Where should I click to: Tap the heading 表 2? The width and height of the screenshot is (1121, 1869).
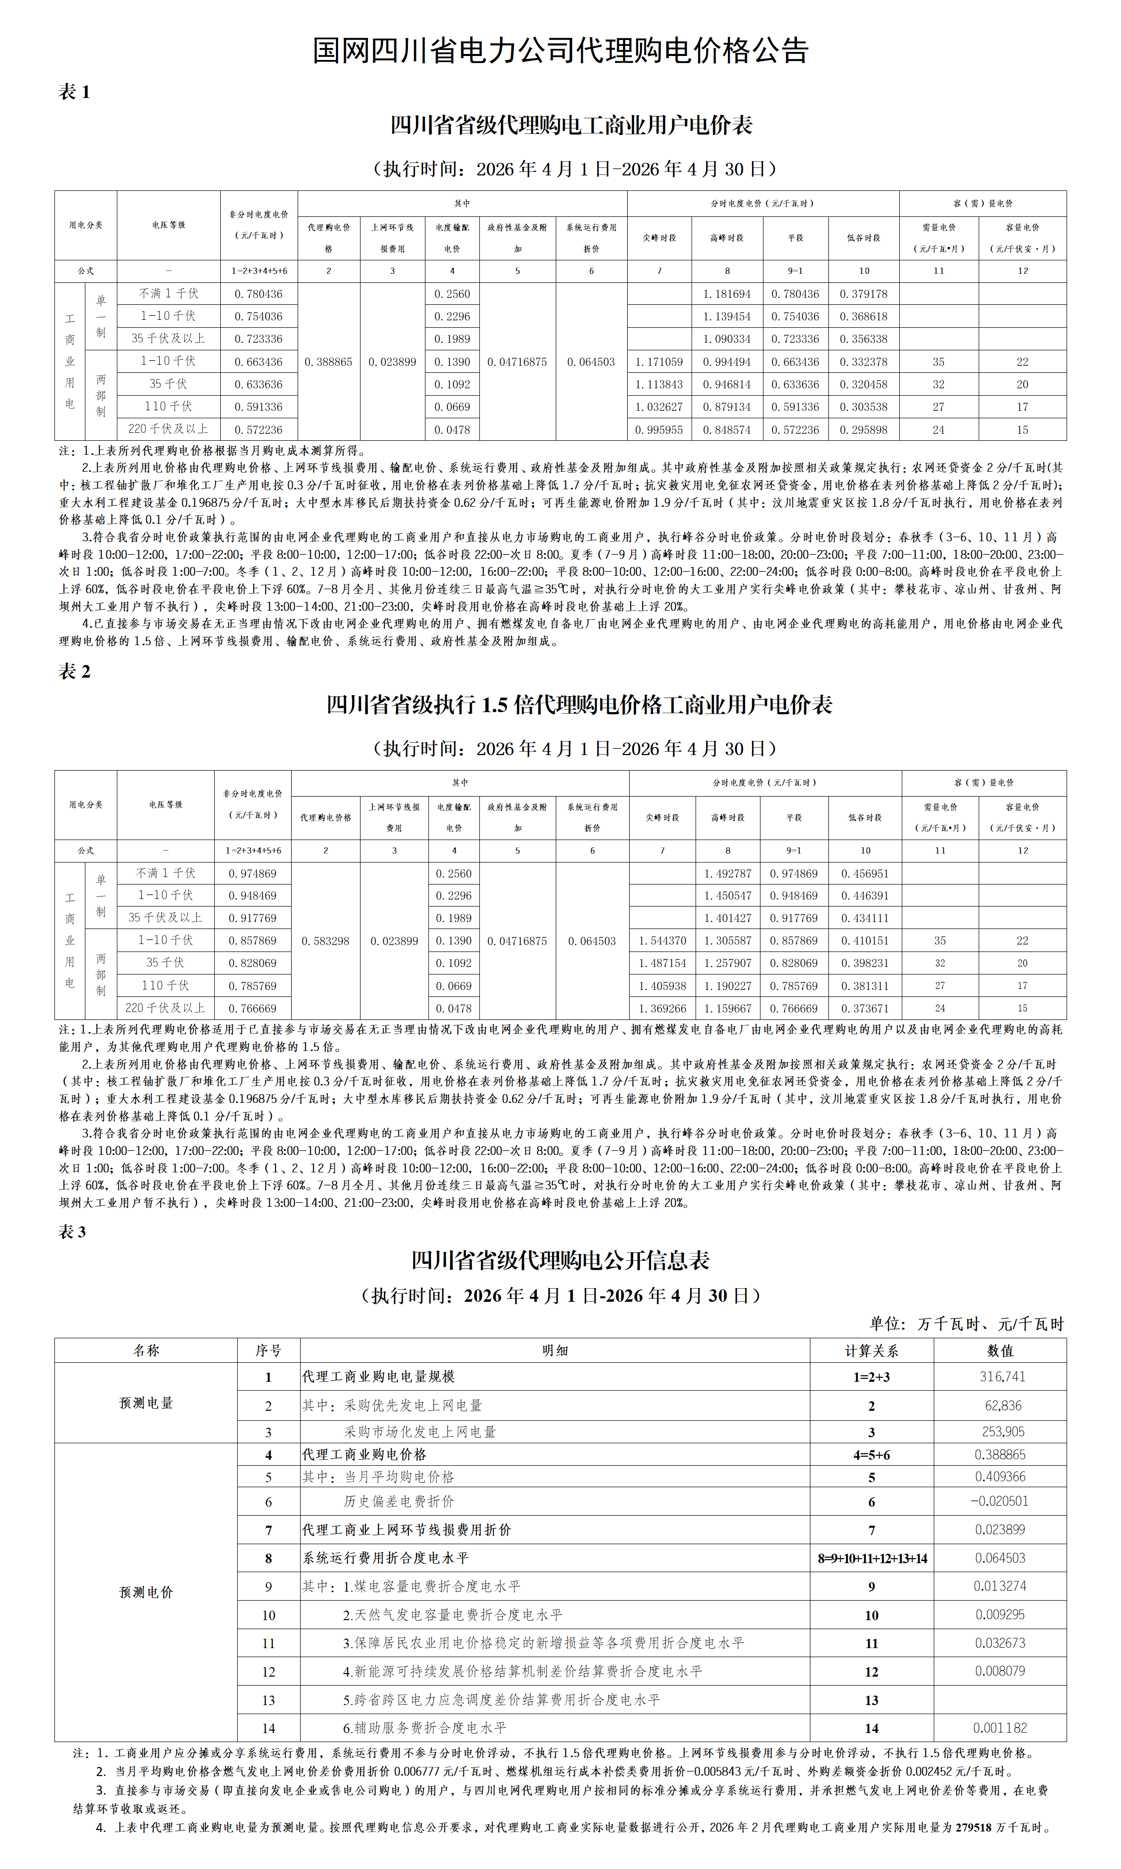(74, 671)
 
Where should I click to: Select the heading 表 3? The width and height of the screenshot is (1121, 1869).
(72, 1231)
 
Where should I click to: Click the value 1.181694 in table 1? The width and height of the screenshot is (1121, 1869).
(727, 294)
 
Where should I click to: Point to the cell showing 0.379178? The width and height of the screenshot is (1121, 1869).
(863, 294)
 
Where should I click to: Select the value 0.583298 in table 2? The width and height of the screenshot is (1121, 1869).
(326, 941)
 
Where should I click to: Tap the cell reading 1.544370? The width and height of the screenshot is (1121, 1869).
(663, 941)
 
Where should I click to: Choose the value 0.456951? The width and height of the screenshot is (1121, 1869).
(865, 874)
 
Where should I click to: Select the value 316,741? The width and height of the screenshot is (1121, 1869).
(1002, 1376)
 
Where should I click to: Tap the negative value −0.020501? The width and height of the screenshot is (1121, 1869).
(999, 1501)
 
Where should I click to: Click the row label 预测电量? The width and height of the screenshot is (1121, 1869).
(146, 1403)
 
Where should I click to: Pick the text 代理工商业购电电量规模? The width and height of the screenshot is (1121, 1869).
(378, 1377)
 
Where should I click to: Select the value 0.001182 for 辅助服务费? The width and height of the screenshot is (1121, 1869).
(1000, 1728)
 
